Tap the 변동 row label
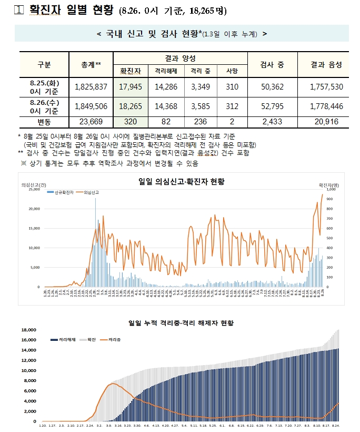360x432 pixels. point(44,122)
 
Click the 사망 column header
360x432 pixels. point(232,70)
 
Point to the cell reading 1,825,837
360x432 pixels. point(91,86)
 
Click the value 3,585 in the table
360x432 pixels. point(200,106)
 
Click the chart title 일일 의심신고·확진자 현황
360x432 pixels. point(181,181)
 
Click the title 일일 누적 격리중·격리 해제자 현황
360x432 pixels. point(181,322)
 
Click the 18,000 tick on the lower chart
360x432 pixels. point(28,330)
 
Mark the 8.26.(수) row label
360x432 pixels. point(44,106)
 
